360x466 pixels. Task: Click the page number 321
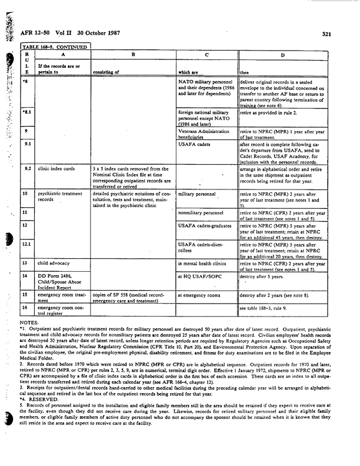[327, 34]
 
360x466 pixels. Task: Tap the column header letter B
[134, 54]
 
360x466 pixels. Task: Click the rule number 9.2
[27, 169]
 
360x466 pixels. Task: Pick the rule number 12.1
[28, 245]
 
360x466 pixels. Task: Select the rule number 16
[26, 308]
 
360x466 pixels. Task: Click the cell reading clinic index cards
[56, 169]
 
